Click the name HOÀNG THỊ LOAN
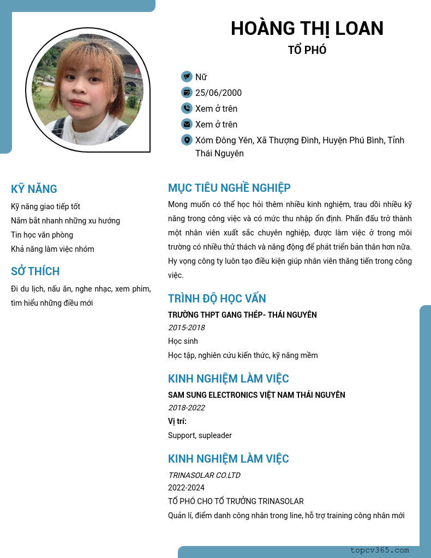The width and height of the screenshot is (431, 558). tap(307, 28)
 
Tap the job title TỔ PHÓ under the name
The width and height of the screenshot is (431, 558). tap(307, 50)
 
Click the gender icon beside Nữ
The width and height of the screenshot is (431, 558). tap(187, 77)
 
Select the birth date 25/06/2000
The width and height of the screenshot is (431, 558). tap(218, 93)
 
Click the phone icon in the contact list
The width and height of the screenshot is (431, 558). tap(187, 108)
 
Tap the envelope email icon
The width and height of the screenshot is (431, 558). tap(187, 124)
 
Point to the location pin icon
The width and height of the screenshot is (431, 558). tap(187, 140)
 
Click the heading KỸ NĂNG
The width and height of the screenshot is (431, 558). tap(34, 189)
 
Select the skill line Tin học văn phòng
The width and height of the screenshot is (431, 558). tap(42, 235)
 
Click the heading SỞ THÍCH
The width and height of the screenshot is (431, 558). tap(35, 271)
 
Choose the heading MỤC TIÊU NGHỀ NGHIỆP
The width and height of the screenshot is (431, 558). tap(229, 188)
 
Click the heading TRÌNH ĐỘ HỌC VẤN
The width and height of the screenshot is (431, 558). tap(217, 299)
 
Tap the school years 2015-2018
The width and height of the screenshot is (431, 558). tap(187, 327)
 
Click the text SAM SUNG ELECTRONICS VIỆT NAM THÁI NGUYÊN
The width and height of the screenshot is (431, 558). tap(256, 395)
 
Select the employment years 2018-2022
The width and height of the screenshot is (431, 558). tap(187, 408)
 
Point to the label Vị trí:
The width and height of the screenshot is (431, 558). tap(177, 421)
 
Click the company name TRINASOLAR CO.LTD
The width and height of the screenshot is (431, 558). tap(204, 475)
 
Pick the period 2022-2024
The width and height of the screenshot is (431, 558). tap(187, 488)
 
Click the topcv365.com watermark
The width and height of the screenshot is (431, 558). tap(380, 550)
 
